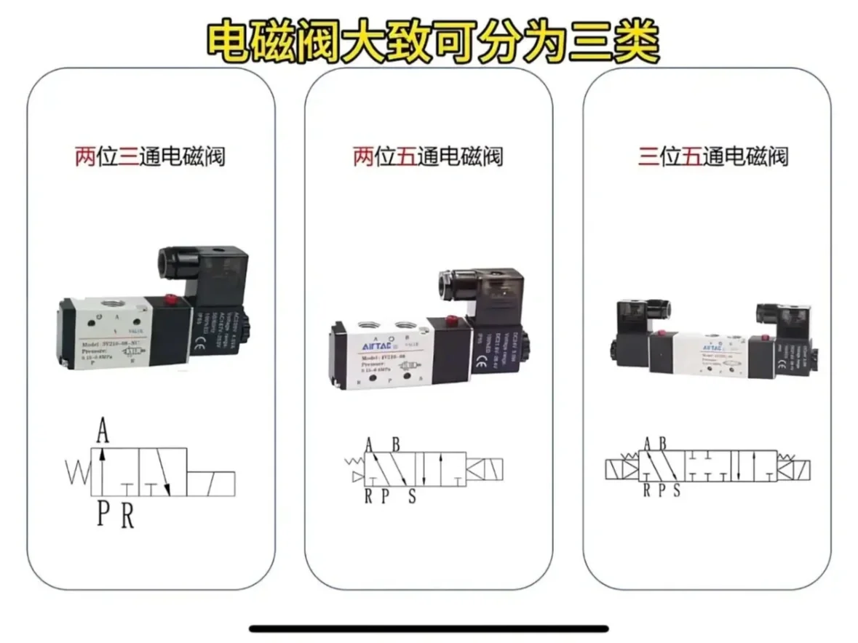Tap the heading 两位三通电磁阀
(x=149, y=156)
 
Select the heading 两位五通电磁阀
(x=427, y=156)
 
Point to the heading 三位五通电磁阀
(x=713, y=156)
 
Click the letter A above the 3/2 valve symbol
(x=103, y=434)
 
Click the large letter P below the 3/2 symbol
(x=103, y=514)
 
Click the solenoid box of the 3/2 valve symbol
(x=211, y=483)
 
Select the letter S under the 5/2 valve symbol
(x=412, y=497)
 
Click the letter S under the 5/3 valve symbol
(x=676, y=490)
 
